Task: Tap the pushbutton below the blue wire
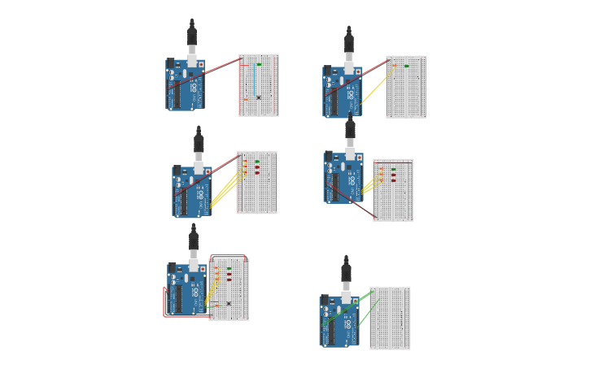[x=258, y=97]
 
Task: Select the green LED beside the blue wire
[x=259, y=64]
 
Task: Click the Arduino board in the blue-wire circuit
[x=186, y=84]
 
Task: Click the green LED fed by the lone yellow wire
[x=406, y=65]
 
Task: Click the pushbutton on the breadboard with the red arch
[x=229, y=303]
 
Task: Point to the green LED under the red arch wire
[x=229, y=268]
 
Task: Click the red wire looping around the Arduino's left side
[x=165, y=302]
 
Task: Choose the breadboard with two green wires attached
[x=390, y=318]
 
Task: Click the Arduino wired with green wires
[x=339, y=321]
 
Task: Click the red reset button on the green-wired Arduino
[x=355, y=300]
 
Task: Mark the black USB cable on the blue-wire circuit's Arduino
[x=192, y=37]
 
